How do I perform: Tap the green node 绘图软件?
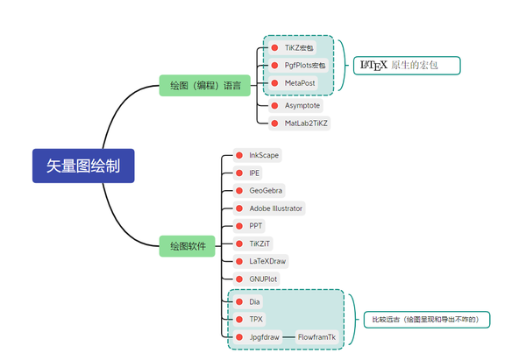coord(188,247)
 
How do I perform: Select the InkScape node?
coord(263,155)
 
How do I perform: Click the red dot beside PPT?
coord(238,226)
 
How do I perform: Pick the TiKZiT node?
coord(258,244)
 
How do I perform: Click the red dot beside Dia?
coord(238,301)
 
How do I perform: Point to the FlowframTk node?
coord(316,336)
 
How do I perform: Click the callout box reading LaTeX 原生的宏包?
coord(407,65)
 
